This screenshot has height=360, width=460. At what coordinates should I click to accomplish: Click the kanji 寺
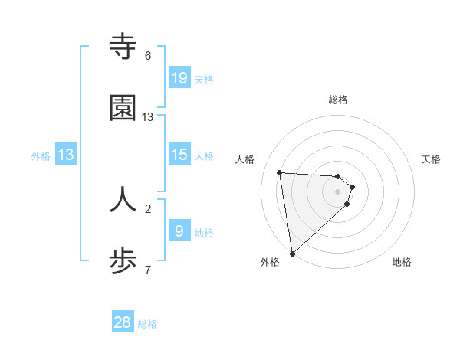point(123,47)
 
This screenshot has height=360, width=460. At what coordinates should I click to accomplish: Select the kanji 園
point(123,109)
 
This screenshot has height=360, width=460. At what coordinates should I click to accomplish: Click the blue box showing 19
point(179,77)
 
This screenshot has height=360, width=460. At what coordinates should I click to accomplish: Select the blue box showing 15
point(179,155)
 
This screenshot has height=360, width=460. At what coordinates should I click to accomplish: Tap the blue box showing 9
point(179,231)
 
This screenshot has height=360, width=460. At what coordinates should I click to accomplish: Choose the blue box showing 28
point(123,322)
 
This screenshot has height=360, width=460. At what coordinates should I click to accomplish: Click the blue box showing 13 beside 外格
point(66,155)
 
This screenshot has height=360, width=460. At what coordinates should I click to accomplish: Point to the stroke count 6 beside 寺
point(148,56)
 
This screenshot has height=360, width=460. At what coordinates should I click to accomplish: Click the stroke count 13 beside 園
point(148,117)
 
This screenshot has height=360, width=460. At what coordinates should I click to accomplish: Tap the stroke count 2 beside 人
point(148,208)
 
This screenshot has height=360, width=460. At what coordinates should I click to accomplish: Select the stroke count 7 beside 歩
point(148,270)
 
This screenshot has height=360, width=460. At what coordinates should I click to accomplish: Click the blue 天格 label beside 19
point(204,79)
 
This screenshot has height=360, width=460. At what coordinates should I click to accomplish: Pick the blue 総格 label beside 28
point(148,324)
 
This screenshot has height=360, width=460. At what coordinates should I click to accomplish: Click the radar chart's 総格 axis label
point(338,100)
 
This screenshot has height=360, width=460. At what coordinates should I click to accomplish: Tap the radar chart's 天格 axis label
point(432,159)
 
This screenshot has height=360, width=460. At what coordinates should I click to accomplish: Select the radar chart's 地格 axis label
point(402,262)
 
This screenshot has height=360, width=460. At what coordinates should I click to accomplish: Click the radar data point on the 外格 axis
point(292,253)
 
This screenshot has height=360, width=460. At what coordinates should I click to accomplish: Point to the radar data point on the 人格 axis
point(280,172)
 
